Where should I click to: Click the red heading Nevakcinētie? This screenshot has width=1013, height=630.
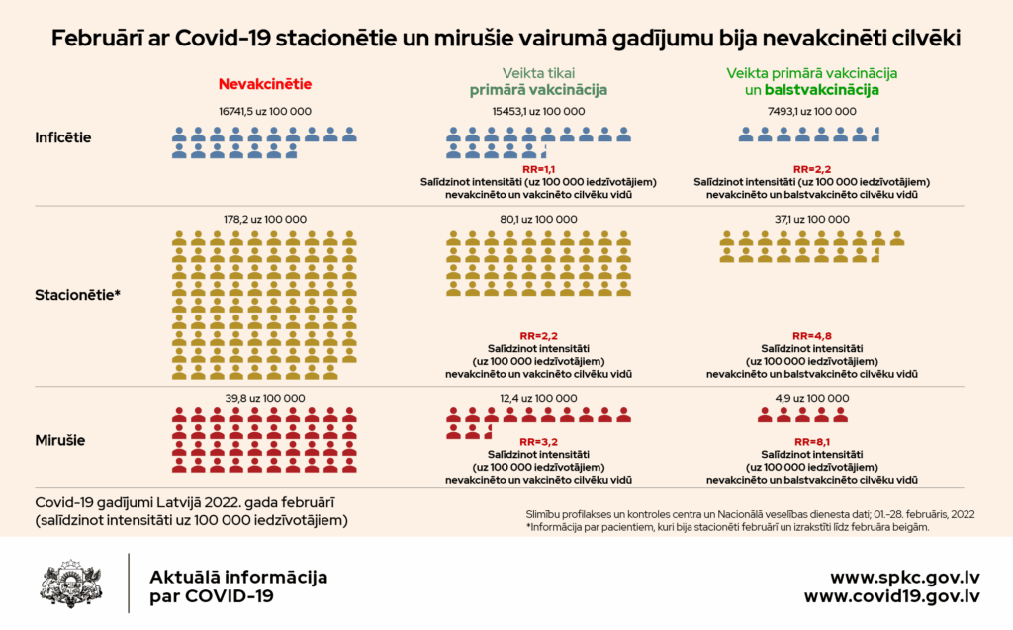264,85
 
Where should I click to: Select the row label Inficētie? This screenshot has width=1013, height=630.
63,137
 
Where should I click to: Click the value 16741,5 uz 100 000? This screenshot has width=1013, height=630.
265,112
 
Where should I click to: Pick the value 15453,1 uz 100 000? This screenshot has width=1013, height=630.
538,112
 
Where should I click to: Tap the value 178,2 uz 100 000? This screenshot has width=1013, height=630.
264,220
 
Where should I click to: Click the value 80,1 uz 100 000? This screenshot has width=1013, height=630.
538,220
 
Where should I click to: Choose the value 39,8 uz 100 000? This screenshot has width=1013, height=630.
264,398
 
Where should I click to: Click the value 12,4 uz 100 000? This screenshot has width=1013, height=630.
538,398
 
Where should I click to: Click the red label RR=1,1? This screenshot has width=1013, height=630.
538,170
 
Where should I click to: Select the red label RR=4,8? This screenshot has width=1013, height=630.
811,336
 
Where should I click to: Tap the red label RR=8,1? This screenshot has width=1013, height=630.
811,442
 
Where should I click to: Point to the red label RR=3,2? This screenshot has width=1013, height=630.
538,442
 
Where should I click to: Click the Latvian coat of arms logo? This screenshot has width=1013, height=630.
68,583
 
